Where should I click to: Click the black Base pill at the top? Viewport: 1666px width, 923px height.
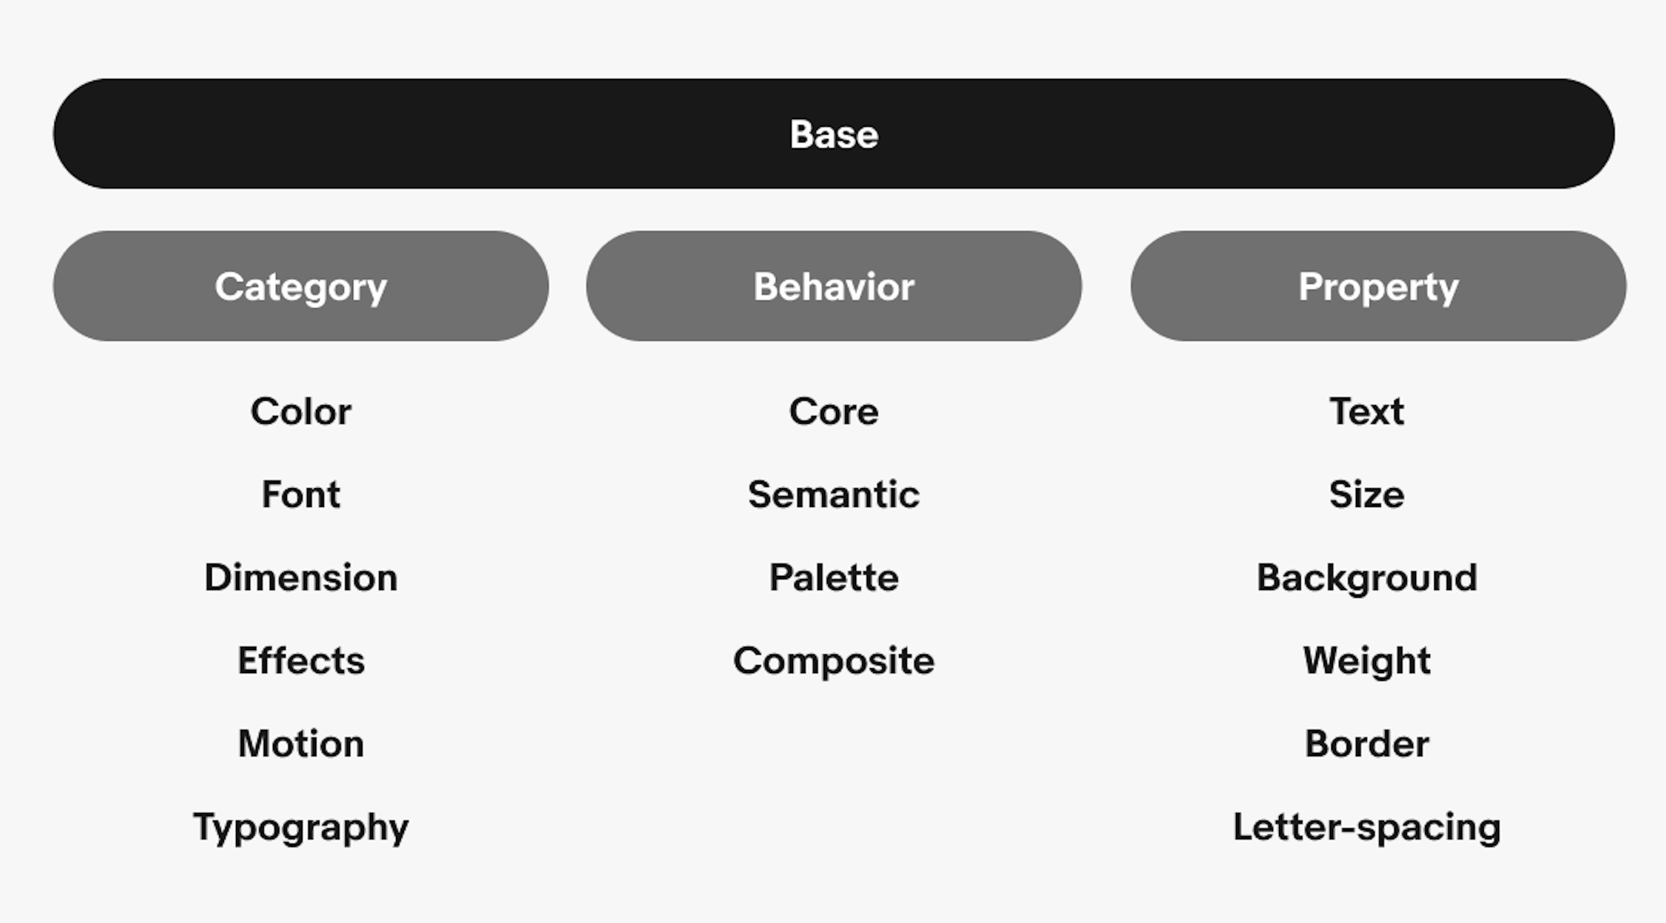click(x=833, y=134)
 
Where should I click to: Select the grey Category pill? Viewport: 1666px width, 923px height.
click(x=301, y=286)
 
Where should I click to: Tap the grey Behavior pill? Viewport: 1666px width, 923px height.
click(x=833, y=286)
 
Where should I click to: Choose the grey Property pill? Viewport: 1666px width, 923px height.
click(x=1378, y=286)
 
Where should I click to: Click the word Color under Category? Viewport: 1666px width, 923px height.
click(x=301, y=411)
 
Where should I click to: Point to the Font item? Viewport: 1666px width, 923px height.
click(x=301, y=494)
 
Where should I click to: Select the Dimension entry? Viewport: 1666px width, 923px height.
click(x=301, y=578)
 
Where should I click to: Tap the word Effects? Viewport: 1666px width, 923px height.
click(x=301, y=660)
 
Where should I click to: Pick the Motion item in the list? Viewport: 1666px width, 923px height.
click(x=301, y=744)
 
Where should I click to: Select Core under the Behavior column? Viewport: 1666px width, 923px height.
click(x=833, y=411)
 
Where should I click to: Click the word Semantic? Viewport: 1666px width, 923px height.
click(x=833, y=494)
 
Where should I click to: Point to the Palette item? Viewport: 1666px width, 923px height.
click(x=833, y=578)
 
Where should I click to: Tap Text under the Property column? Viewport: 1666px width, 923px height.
click(x=1367, y=411)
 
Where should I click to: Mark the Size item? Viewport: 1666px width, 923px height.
click(x=1367, y=494)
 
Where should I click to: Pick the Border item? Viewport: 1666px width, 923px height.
click(x=1367, y=744)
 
